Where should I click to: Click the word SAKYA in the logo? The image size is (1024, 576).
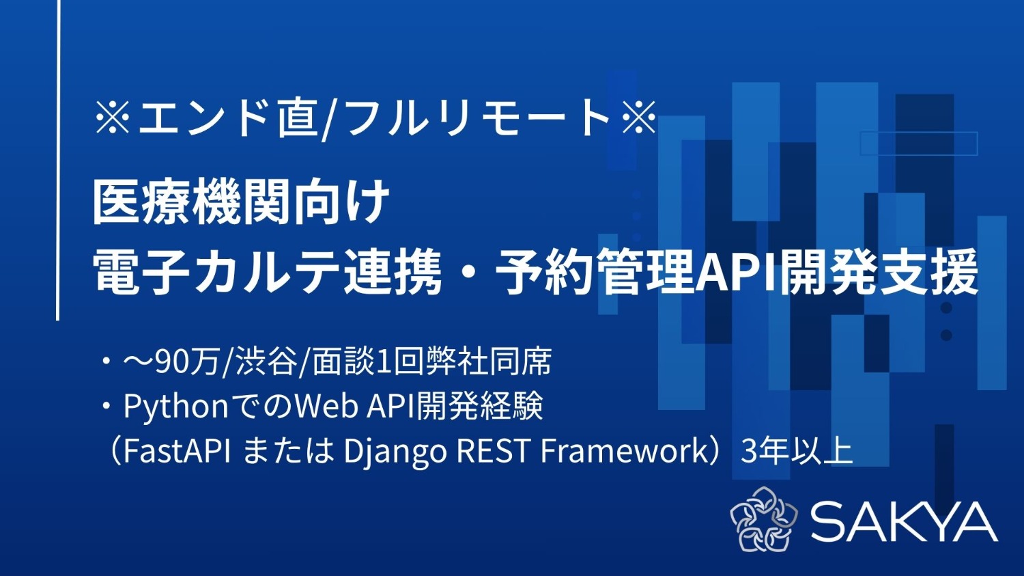(x=904, y=522)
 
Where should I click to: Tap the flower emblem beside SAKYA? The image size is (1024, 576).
(x=763, y=519)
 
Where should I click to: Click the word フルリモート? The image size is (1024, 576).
(x=478, y=117)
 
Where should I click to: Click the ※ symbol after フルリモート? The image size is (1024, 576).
(x=639, y=117)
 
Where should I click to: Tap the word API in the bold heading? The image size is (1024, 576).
(x=737, y=271)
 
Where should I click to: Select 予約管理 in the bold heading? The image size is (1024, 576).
(x=594, y=271)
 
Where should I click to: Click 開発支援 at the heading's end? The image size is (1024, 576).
(x=881, y=271)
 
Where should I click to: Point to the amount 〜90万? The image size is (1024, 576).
(x=171, y=361)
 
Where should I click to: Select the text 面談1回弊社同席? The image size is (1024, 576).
(x=431, y=361)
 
